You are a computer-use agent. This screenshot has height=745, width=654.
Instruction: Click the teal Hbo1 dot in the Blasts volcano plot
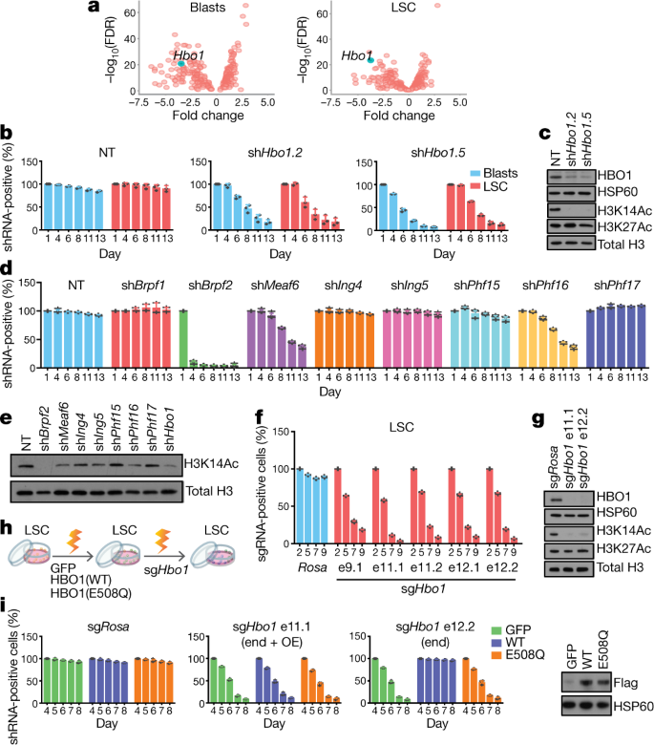[181, 63]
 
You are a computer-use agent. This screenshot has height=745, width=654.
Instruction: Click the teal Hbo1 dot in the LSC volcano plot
[370, 60]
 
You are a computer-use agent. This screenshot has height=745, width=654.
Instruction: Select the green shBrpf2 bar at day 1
[183, 339]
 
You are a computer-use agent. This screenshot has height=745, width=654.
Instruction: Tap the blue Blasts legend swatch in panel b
[475, 174]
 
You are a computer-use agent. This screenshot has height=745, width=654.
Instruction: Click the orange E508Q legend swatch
[496, 655]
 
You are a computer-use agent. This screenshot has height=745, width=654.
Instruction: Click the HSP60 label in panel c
[618, 192]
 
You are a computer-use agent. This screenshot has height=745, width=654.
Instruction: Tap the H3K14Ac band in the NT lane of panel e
[24, 466]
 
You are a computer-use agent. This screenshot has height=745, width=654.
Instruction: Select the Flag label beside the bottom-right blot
[625, 683]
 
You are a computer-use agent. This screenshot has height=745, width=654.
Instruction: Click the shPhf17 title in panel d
[617, 286]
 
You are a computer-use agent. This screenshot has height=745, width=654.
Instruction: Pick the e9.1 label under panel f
[349, 567]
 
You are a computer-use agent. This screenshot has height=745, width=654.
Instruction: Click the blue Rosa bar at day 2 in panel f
[299, 506]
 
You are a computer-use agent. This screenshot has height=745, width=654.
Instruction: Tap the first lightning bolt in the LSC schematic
[74, 542]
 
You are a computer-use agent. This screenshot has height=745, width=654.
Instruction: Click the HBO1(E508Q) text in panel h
[92, 593]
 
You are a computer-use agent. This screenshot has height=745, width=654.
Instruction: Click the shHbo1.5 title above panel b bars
[438, 153]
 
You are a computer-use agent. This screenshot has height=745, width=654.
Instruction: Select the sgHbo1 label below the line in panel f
[423, 589]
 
